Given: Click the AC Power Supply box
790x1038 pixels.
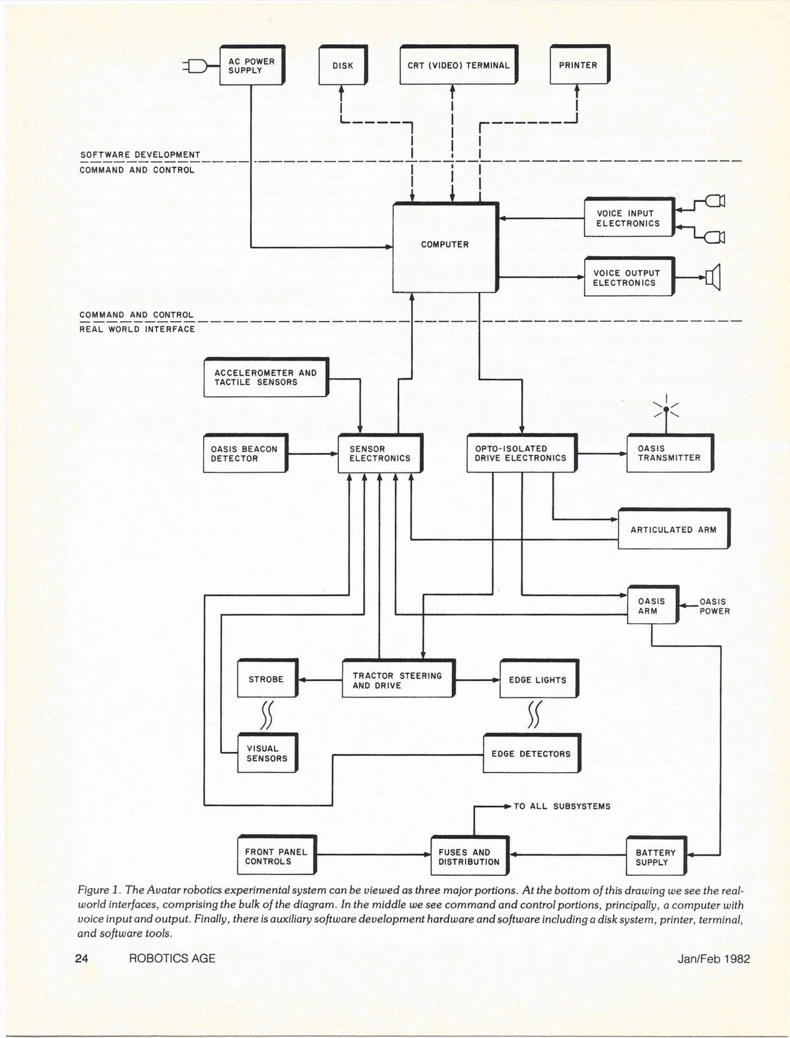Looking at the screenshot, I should pos(252,66).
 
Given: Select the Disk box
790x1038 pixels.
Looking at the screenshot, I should pos(343,65).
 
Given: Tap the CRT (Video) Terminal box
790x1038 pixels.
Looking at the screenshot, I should pos(458,65).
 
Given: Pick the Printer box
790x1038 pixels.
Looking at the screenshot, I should pos(579,65).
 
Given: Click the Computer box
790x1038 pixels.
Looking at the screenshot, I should pos(445,247).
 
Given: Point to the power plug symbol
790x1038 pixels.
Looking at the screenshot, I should pos(195,66).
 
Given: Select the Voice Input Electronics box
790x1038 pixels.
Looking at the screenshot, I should pos(628,218).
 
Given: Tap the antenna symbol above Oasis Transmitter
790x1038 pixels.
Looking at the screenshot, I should pos(666,409).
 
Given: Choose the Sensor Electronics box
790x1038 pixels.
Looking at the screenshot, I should pos(380,453).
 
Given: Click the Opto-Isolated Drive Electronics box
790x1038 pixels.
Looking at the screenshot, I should pos(521,453).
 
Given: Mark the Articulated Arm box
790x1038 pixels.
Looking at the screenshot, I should pos(673,529).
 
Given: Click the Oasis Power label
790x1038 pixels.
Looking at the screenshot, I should pos(714,607).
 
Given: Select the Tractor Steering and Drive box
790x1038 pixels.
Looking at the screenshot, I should pos(397,680).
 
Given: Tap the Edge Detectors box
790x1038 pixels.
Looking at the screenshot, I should pos(531,754).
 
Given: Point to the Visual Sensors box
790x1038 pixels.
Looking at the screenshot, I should pos(267,753).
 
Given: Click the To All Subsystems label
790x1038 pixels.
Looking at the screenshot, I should pos(562,806).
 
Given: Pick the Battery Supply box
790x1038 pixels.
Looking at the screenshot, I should pos(656,857).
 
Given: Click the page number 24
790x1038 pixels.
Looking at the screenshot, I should pos(82,958).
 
